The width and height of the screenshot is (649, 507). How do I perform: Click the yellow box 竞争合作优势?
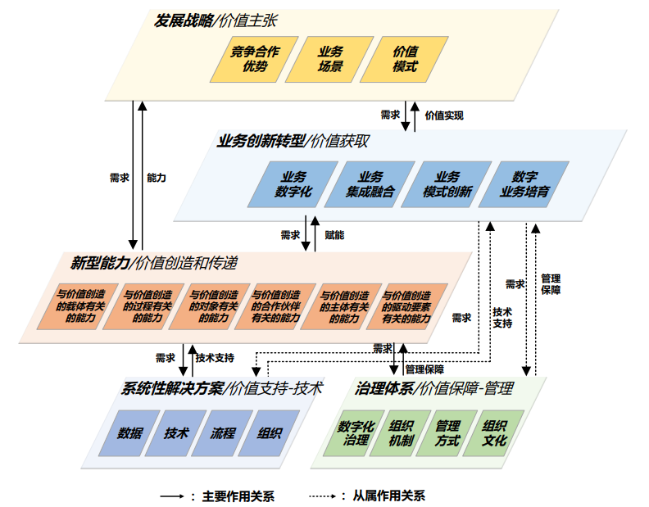255,59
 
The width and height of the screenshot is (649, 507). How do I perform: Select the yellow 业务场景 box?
331,59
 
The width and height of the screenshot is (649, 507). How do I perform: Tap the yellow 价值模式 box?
406,59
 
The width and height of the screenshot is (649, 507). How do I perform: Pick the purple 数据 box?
130,432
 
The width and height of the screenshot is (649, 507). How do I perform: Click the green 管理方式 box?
447,432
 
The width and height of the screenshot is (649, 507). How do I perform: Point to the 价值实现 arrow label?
444,115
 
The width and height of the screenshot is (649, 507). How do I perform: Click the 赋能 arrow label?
334,235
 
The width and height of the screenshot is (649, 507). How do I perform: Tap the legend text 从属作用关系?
389,496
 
